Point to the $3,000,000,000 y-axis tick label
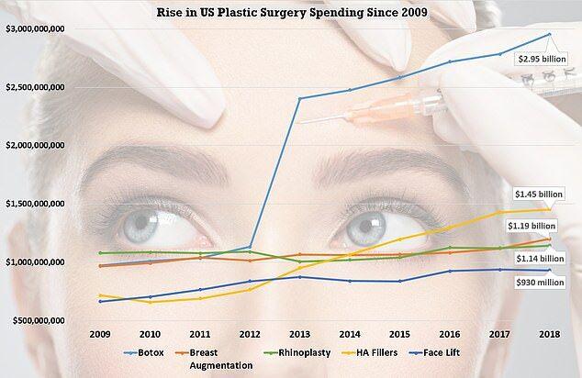pos(47,30)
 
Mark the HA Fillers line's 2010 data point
pos(150,302)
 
